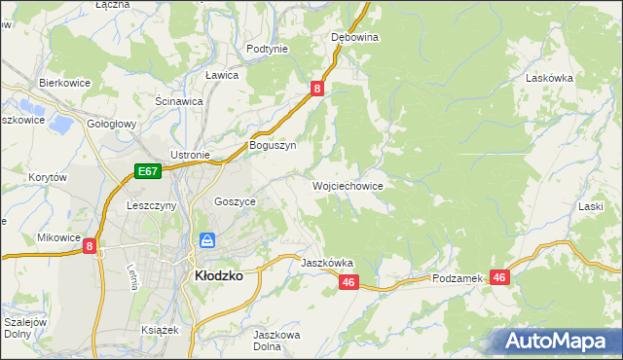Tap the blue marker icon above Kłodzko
(207, 240)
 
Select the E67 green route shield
(147, 172)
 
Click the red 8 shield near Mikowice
(90, 247)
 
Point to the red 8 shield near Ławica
(317, 89)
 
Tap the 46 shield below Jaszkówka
(350, 282)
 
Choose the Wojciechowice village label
(348, 185)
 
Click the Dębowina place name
(354, 37)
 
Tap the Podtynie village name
(267, 49)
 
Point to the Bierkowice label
(64, 84)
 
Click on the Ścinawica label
(178, 100)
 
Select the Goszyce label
(235, 201)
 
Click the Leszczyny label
(151, 206)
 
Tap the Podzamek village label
(458, 278)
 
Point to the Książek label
(160, 330)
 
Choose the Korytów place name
(48, 178)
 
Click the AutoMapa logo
(558, 342)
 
